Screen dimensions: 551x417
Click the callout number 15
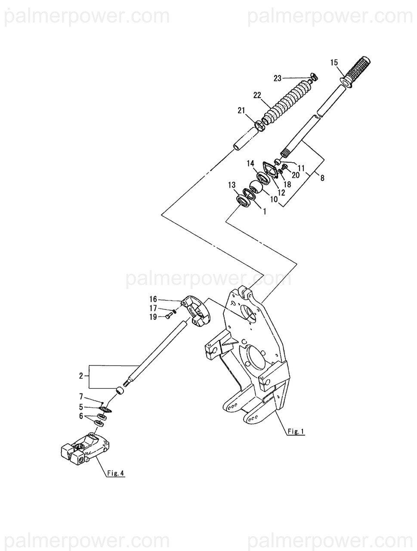coord(334,63)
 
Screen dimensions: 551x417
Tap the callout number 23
coord(278,78)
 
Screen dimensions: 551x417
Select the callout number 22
coord(257,96)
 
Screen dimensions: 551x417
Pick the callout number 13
coord(232,185)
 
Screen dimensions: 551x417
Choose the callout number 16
coord(154,299)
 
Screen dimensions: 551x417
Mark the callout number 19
coord(154,317)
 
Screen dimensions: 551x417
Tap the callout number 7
coord(80,396)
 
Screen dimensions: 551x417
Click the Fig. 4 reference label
coord(115,473)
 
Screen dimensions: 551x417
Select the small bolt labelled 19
coord(168,317)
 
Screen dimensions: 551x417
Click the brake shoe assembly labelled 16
coord(196,309)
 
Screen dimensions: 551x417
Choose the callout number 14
coord(251,163)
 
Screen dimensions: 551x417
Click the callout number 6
coord(80,416)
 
